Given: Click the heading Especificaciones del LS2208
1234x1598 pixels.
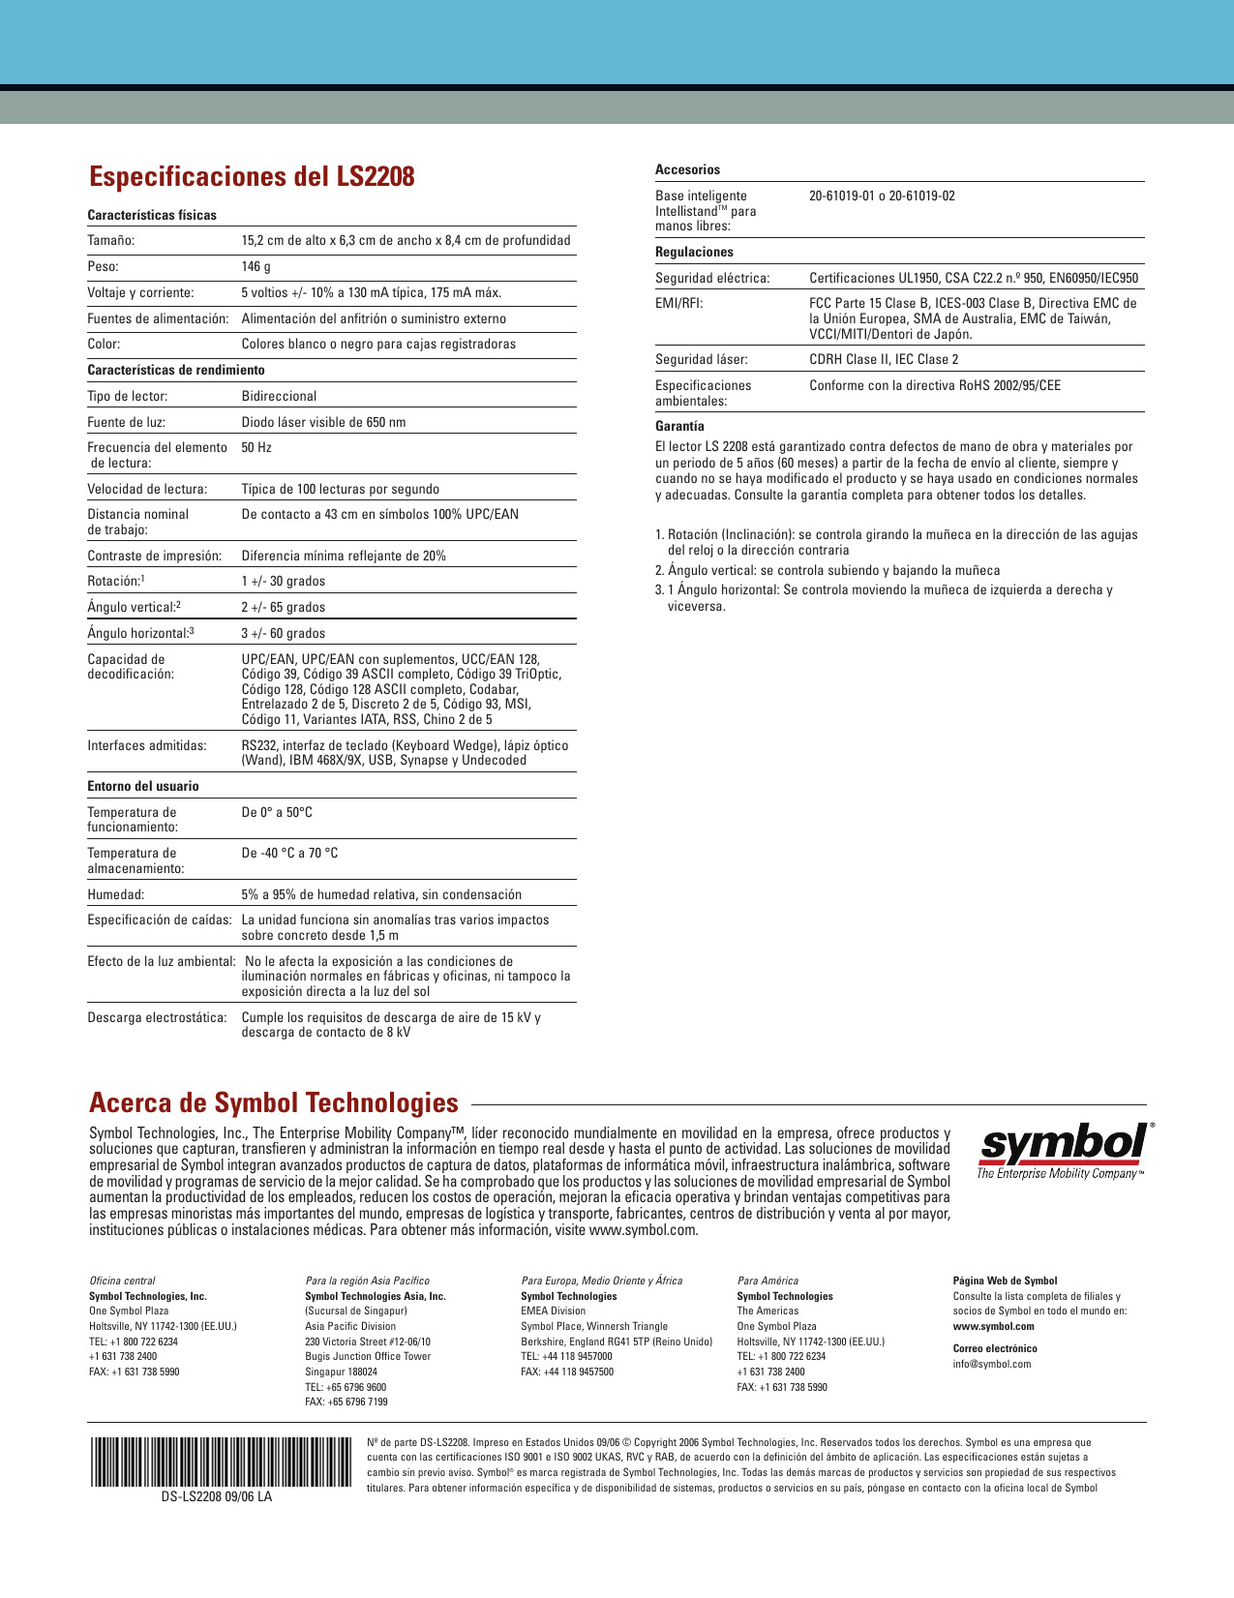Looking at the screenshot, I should point(252,177).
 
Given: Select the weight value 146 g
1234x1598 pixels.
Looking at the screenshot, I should point(256,266).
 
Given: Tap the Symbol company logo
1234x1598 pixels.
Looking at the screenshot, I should point(1064,1151).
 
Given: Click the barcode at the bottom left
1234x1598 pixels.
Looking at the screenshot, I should point(221,1462).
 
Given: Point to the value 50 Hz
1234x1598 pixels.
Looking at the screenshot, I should point(256,447).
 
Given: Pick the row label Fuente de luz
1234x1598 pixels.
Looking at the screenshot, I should point(126,422).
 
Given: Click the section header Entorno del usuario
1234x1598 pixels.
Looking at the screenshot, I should point(143,786).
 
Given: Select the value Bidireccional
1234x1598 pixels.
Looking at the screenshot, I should point(279,396).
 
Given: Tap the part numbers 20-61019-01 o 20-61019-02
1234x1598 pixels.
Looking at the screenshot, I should point(882,196).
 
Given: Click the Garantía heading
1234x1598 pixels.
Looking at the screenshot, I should point(679,426).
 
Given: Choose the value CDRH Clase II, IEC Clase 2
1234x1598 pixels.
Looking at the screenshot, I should point(884,359).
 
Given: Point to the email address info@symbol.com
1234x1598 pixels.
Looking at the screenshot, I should point(992,1364).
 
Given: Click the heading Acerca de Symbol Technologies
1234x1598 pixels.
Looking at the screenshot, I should point(274,1103).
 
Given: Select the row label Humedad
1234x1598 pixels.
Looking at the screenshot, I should point(115,894).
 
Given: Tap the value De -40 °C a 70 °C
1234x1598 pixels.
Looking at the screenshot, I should point(289,853).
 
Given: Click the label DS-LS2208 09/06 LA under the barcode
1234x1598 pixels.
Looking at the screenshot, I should point(217,1495).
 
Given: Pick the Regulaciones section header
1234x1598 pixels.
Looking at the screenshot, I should point(694,252).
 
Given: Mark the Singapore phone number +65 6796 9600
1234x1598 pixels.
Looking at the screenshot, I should point(346,1387).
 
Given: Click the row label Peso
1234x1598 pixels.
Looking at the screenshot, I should point(103,266).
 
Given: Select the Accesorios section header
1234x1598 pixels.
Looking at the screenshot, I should point(687,169).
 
